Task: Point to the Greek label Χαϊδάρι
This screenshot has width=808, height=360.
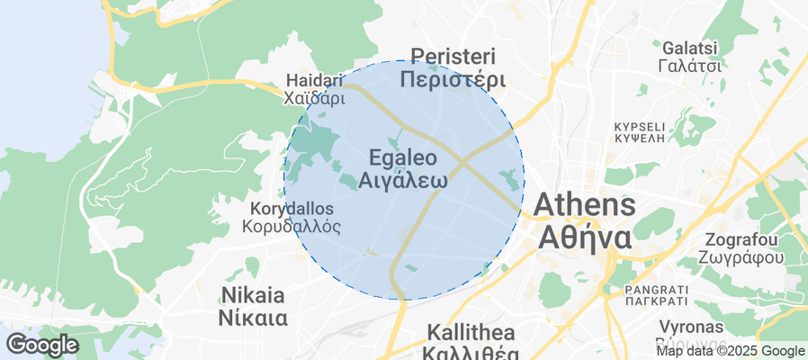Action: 315,97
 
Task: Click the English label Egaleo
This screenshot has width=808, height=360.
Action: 403,157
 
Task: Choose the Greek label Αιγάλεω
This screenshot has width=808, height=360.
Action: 403,179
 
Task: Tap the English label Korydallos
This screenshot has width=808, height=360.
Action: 292,209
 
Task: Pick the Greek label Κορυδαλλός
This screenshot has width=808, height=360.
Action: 292,227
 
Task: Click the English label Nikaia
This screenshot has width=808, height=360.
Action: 252,295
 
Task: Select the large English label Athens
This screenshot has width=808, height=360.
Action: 585,205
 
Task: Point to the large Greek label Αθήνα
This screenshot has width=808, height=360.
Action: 585,238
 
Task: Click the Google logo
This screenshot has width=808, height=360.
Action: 42,344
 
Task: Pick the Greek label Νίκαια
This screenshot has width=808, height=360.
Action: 252,318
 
